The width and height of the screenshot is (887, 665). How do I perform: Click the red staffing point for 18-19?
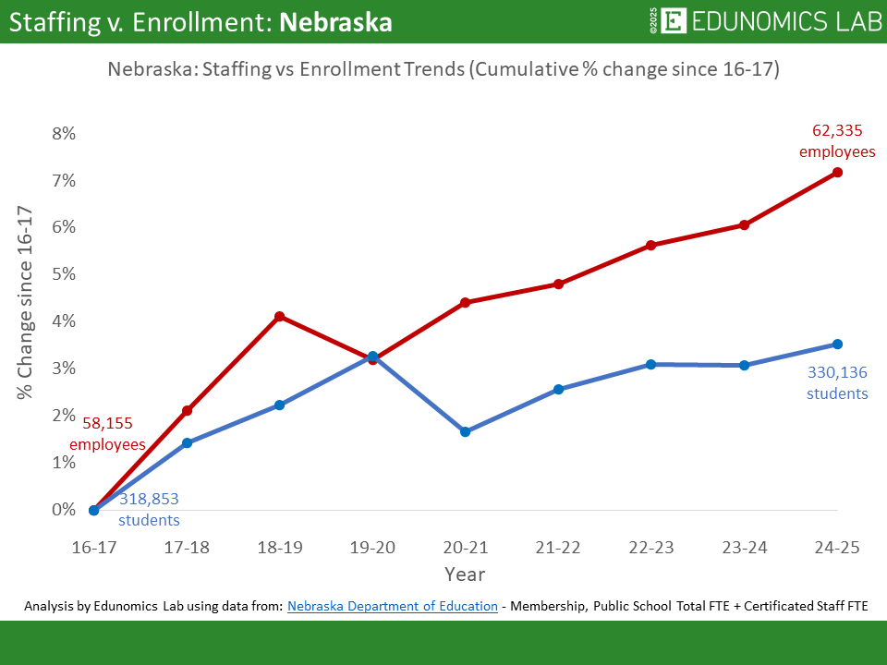280,317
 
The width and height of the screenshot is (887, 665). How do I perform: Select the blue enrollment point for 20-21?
466,432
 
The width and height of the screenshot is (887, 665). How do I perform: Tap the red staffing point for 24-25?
837,173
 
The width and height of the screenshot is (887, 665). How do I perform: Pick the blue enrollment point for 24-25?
837,345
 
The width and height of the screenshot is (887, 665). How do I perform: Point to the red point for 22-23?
651,246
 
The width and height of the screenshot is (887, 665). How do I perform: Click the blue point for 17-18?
187,443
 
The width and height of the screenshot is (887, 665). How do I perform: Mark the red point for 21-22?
558,284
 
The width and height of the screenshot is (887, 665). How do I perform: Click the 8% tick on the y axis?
64,134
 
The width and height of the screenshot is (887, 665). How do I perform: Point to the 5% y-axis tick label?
64,274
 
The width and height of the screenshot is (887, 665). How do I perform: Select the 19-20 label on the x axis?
372,548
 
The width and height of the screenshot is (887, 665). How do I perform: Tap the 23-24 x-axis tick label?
744,548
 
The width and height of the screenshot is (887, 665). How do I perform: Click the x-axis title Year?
464,574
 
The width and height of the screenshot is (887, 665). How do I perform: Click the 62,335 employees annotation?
837,141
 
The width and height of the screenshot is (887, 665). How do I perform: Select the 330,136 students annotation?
837,383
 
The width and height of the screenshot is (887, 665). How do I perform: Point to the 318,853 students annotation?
149,509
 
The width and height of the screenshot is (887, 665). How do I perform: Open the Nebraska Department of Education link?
392,606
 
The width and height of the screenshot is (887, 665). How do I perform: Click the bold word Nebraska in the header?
335,22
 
